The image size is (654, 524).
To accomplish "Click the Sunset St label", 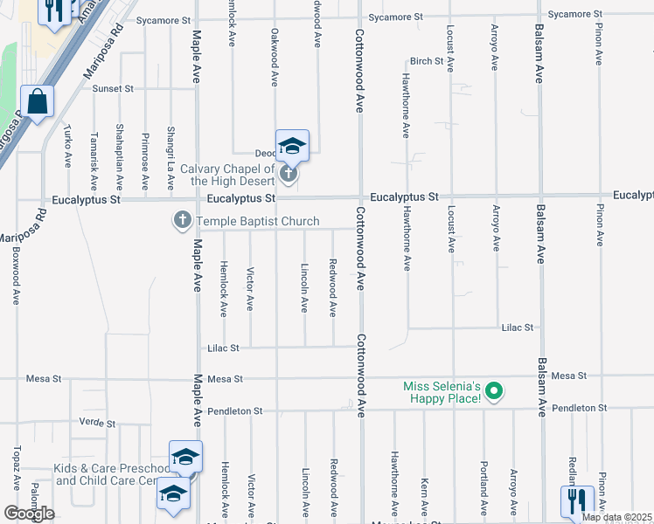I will [108, 88].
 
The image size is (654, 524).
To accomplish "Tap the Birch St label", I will [428, 61].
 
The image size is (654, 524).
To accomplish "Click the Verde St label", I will [97, 423].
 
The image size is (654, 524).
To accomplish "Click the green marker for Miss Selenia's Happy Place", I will [493, 391].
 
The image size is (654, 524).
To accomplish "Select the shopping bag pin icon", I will [38, 101].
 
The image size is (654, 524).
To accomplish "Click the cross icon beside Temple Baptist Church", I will [183, 221].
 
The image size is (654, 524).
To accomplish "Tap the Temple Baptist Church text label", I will [257, 221].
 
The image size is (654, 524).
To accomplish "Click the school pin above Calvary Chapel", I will [292, 146].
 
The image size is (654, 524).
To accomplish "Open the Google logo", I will [29, 514].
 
